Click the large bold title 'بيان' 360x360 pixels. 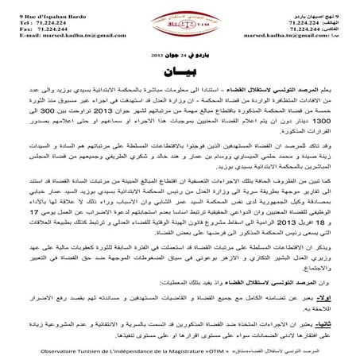(179, 79)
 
